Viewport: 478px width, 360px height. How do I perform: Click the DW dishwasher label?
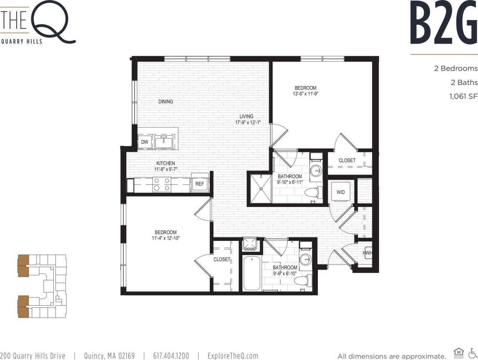point(144,142)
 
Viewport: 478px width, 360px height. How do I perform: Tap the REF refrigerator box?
point(200,184)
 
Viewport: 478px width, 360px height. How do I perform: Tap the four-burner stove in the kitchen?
point(162,185)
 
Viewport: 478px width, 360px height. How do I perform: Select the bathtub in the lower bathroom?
point(251,273)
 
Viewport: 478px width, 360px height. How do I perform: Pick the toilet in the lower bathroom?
point(303,281)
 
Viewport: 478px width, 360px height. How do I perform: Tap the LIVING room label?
point(246,116)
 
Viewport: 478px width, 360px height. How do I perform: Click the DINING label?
point(166,102)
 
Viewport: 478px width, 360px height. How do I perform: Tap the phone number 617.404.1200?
point(171,356)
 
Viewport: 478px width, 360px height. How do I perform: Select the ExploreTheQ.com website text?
point(233,356)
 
